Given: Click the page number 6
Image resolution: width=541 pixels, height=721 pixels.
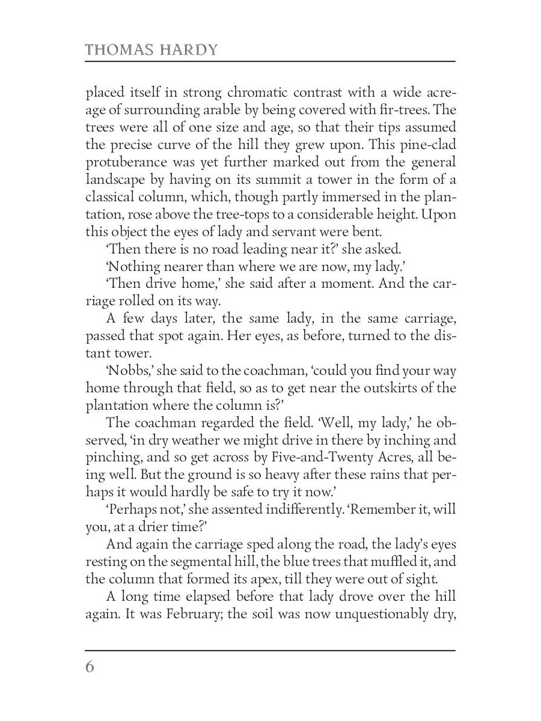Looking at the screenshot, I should point(90,668).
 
